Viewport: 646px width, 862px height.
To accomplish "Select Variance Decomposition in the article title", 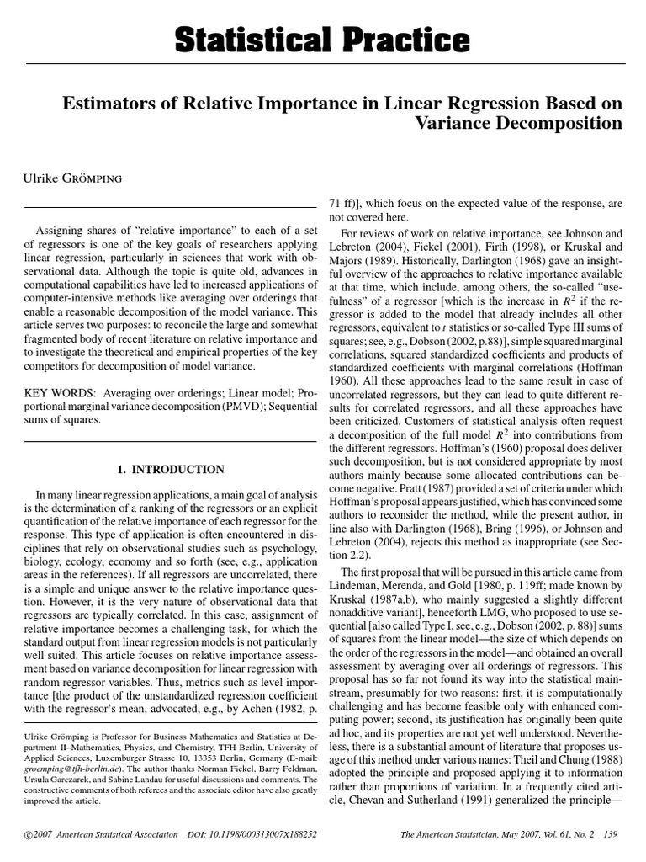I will point(519,124).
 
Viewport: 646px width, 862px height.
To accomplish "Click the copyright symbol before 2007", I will point(29,834).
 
